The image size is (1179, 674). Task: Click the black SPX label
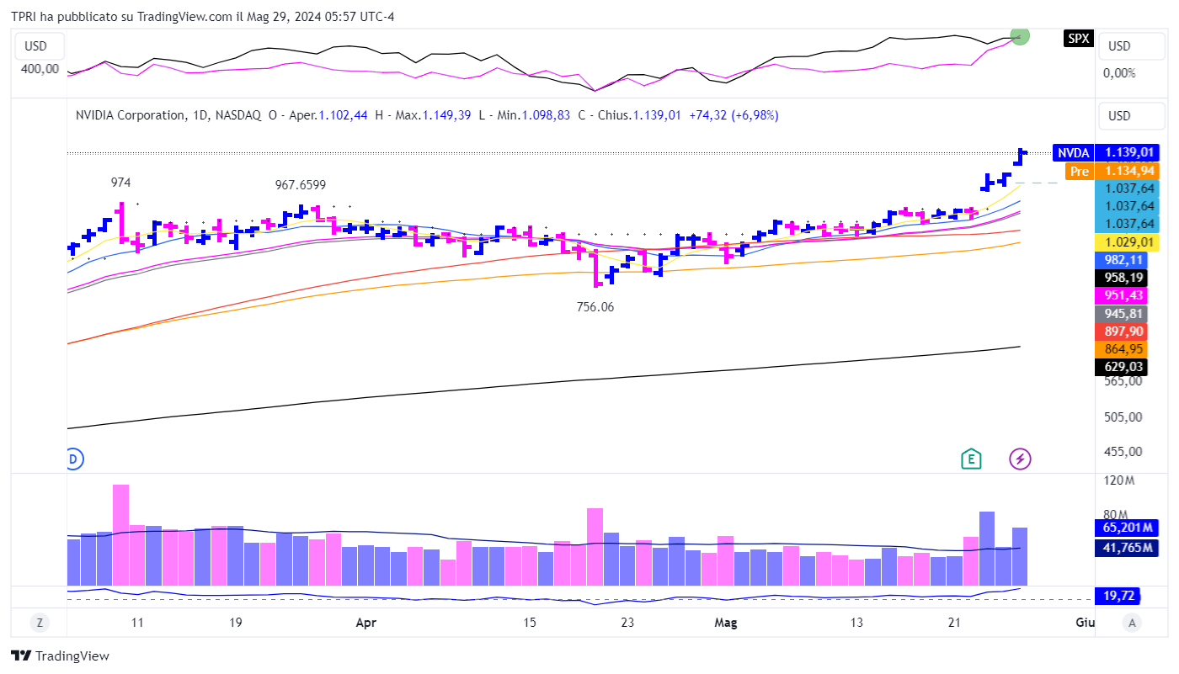[x=1077, y=38]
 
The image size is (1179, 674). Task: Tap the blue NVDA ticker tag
[x=1073, y=152]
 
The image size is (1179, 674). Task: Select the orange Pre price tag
[x=1079, y=172]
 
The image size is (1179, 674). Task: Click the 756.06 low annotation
[x=595, y=307]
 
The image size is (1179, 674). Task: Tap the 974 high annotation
[x=122, y=183]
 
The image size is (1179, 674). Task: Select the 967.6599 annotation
[x=301, y=185]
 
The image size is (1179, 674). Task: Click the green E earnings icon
[x=972, y=459]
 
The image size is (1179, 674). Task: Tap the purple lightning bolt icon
[x=1021, y=459]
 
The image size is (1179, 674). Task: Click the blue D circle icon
[x=73, y=459]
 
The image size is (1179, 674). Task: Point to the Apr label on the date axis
[x=365, y=623]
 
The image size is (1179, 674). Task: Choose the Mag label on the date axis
[x=725, y=623]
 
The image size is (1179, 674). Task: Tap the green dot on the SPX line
[x=1020, y=36]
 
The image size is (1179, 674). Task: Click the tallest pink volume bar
[x=121, y=534]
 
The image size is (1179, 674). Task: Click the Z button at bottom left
[x=39, y=623]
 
